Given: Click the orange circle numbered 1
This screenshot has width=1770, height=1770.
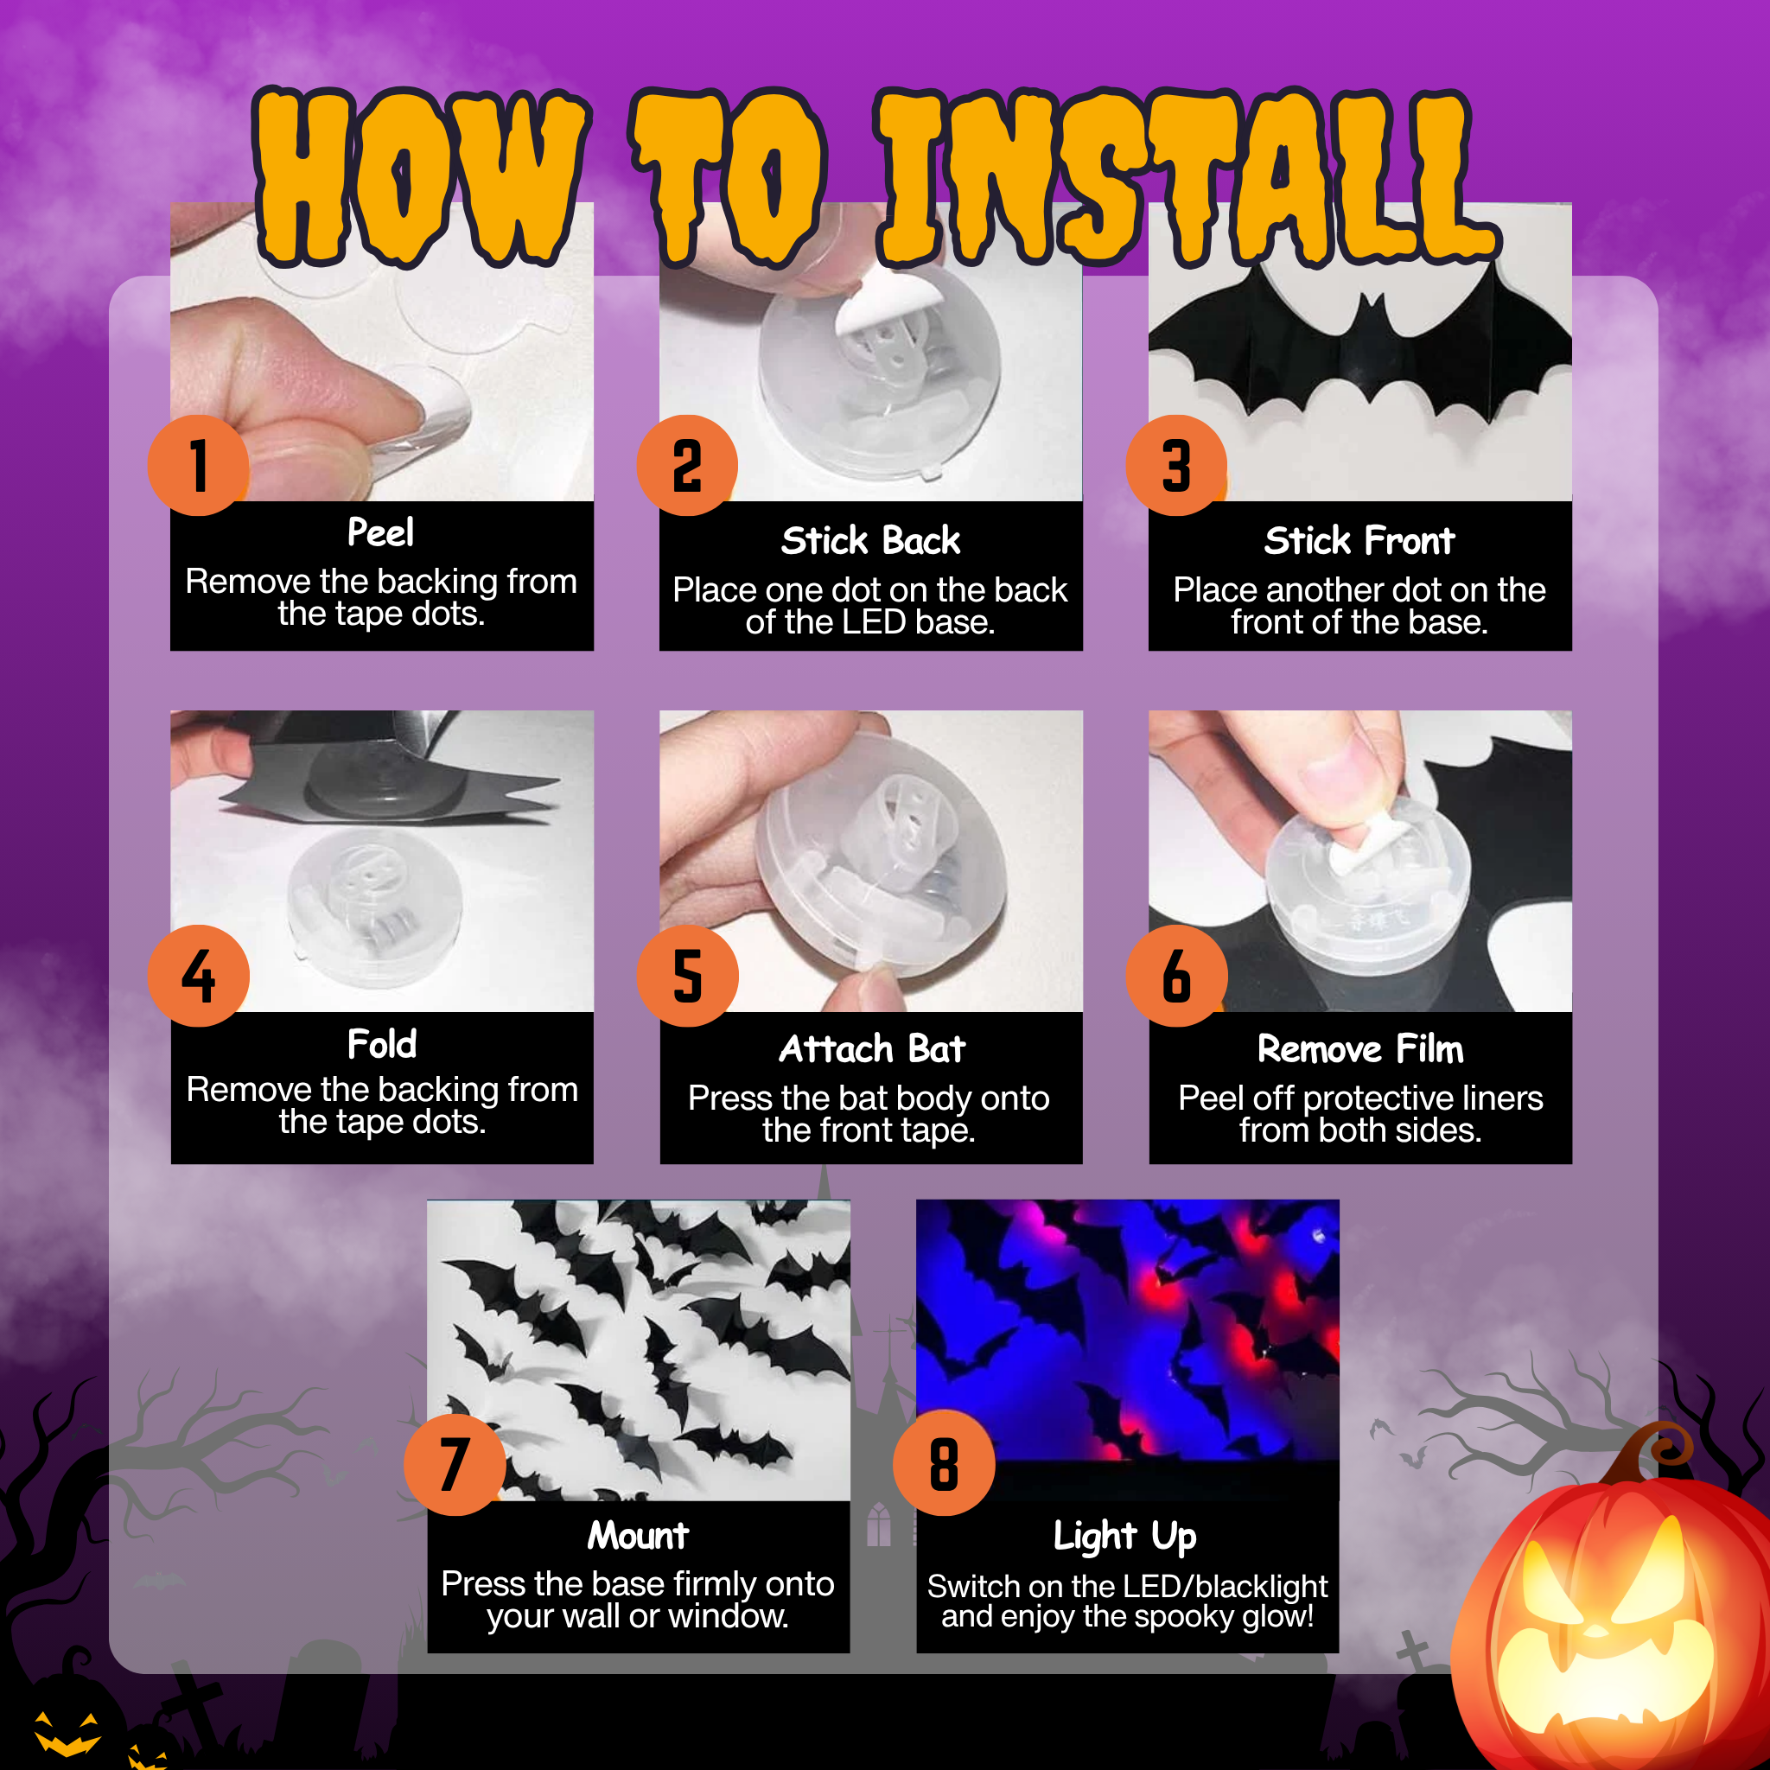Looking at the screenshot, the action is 199,466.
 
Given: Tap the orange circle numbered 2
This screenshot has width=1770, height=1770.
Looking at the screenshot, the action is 688,466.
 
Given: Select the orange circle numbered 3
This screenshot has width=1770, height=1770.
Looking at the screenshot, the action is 1177,466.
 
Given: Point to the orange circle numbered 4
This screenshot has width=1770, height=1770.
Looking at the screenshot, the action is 199,976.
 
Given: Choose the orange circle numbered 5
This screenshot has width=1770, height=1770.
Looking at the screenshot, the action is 688,976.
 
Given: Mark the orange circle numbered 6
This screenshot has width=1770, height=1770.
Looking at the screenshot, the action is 1177,976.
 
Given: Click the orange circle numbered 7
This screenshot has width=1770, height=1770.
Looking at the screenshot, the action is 455,1464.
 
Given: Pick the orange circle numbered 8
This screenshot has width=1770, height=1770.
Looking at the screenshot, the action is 945,1464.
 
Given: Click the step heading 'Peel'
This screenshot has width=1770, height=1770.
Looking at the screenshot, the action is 381,533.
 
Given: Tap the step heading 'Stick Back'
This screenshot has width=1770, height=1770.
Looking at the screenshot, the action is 870,540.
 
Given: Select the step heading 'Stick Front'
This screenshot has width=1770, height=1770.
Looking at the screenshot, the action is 1359,540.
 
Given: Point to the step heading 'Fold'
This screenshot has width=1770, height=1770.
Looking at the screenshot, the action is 382,1044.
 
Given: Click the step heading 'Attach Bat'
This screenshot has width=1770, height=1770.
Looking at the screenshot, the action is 872,1049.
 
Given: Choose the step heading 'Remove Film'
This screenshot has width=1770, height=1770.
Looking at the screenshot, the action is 1360,1049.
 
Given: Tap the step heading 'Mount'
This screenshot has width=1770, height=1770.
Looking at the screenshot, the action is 638,1536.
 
